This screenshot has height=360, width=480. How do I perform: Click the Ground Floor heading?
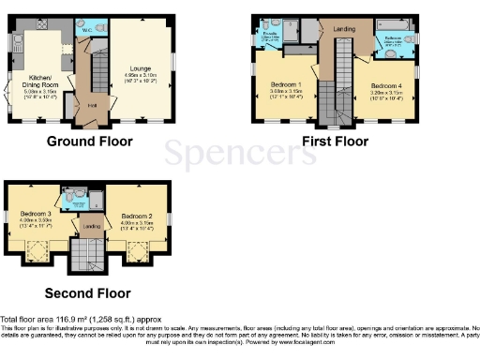point(89,142)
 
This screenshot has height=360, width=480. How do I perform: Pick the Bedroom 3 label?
point(36,214)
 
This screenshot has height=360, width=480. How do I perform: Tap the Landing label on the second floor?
point(91,225)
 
